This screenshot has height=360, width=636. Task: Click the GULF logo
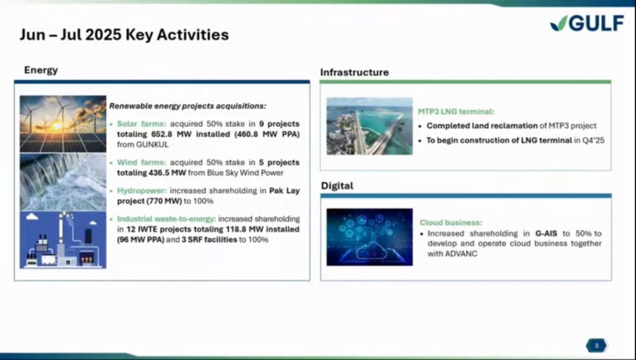(x=587, y=23)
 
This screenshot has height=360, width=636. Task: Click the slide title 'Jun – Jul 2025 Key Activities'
(x=124, y=35)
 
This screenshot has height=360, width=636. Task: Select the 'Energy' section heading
(x=41, y=70)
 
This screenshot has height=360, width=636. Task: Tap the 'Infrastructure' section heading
(x=355, y=73)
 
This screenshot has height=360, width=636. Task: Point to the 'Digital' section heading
(x=337, y=186)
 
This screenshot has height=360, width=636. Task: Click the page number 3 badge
(x=596, y=346)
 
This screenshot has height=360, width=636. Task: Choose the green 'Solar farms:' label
(x=142, y=124)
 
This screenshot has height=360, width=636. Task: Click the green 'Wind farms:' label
(x=142, y=162)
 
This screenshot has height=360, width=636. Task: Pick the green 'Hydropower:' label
(x=142, y=191)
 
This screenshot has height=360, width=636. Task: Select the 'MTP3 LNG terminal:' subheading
(x=456, y=112)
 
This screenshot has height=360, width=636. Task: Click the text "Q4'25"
(x=594, y=140)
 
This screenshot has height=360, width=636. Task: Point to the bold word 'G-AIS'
(x=547, y=233)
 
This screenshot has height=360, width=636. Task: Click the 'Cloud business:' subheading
(x=451, y=223)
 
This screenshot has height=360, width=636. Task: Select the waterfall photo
(x=63, y=182)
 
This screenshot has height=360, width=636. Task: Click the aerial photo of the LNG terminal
(x=370, y=126)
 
